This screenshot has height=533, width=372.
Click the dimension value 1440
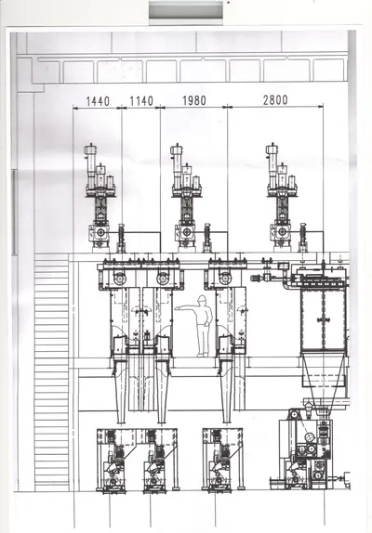click(x=98, y=101)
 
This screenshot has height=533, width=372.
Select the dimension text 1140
click(x=141, y=101)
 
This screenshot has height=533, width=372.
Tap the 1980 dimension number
click(x=194, y=100)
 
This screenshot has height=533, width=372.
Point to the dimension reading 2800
click(x=275, y=100)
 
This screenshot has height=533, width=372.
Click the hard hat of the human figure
click(x=202, y=298)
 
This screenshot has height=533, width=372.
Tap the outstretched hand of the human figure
click(x=178, y=308)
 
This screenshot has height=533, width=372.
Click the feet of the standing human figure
click(x=202, y=355)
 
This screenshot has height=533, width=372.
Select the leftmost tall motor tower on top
click(x=100, y=198)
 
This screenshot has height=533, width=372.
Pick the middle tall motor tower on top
click(x=186, y=198)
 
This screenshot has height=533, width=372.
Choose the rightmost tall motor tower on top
click(x=282, y=198)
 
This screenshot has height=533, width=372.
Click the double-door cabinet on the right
click(x=324, y=319)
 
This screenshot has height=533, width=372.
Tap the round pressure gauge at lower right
click(x=310, y=436)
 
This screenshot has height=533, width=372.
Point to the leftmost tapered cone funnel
click(x=121, y=391)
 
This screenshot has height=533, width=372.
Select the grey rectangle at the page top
click(x=186, y=10)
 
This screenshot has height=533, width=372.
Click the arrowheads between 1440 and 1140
click(x=122, y=108)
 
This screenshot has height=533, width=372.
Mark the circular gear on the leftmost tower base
click(x=100, y=232)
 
